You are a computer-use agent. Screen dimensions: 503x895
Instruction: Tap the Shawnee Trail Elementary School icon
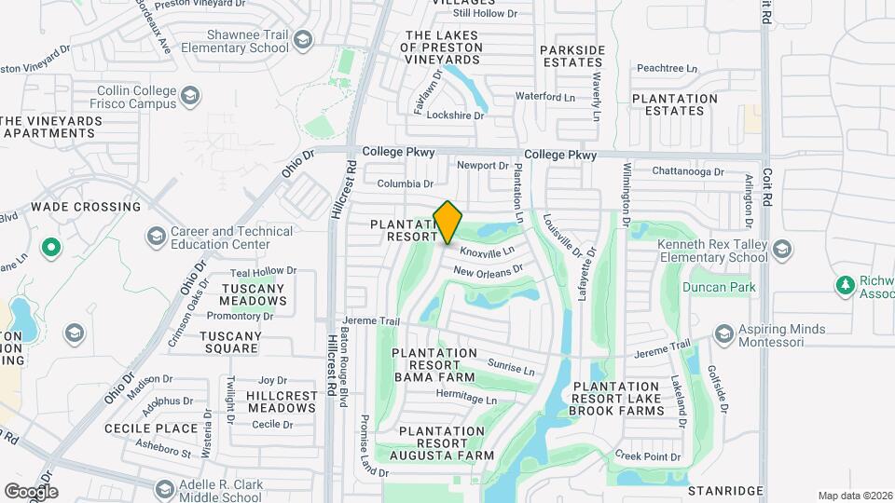[301, 40]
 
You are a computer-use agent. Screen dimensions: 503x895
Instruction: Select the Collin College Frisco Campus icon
[189, 97]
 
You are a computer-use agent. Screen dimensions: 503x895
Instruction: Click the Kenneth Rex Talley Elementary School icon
[782, 249]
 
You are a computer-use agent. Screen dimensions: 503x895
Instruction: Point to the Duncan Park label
[718, 288]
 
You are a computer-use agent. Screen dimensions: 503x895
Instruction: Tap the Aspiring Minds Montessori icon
[723, 334]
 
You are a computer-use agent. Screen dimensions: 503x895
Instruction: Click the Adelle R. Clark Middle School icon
[164, 489]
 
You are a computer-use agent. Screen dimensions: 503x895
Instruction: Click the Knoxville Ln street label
[488, 251]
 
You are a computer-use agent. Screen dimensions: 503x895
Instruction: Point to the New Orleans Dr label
[488, 271]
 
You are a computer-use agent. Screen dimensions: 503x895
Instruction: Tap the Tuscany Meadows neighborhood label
[254, 294]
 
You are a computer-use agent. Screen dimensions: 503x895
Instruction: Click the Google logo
[31, 491]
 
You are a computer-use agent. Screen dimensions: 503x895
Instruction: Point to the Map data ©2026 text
[853, 496]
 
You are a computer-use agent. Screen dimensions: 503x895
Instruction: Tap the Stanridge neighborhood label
[725, 490]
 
